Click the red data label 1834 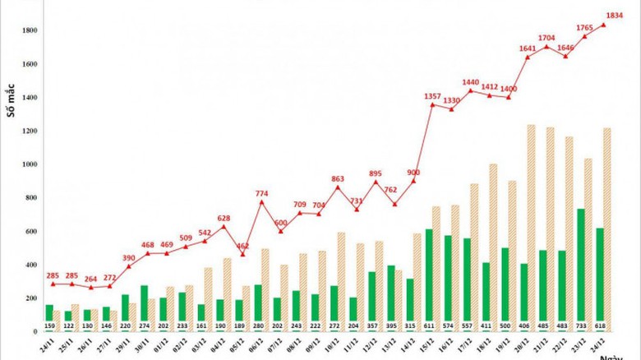(x=615, y=16)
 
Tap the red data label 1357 (x=432, y=96)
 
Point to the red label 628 (x=224, y=218)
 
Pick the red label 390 (x=129, y=258)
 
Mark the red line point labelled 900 (x=413, y=181)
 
